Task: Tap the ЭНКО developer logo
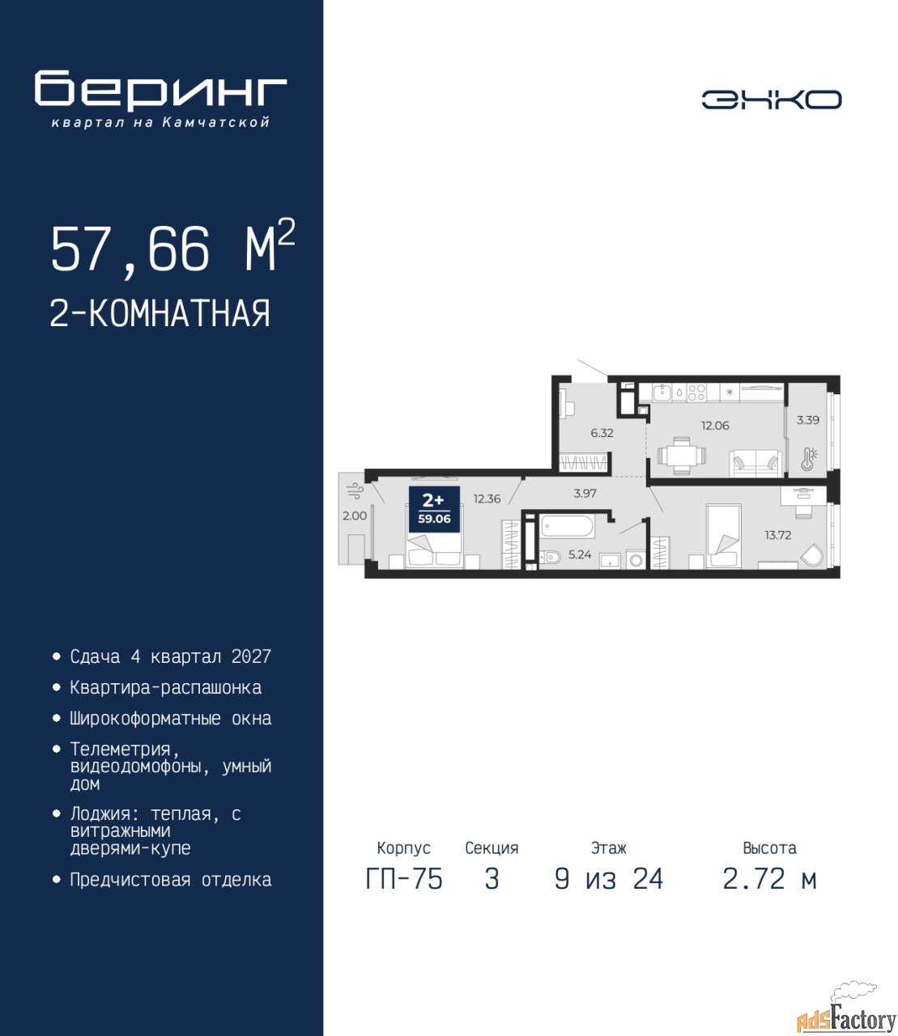[771, 100]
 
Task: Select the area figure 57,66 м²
[173, 247]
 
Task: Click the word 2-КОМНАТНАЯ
[160, 313]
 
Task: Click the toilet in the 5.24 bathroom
[550, 557]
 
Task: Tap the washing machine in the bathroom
[636, 560]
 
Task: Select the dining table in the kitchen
[682, 456]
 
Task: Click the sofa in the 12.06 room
[755, 463]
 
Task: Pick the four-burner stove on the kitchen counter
[696, 392]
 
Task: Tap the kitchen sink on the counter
[662, 392]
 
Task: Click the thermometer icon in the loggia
[809, 459]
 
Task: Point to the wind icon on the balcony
[354, 490]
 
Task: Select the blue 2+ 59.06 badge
[434, 509]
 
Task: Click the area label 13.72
[777, 535]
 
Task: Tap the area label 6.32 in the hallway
[602, 433]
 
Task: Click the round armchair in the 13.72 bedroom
[811, 556]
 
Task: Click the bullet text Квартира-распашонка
[166, 687]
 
